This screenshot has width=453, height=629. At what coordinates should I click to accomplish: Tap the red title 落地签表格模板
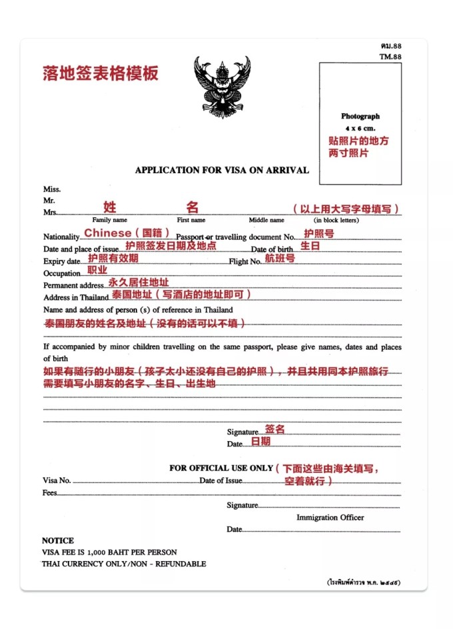click(x=101, y=73)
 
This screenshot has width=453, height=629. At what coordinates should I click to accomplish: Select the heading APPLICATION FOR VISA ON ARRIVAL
click(x=222, y=170)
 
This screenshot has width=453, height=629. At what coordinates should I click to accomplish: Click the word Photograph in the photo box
click(x=360, y=116)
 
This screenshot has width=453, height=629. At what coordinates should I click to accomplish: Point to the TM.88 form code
click(x=390, y=57)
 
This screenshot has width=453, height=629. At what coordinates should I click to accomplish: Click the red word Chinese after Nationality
click(x=108, y=233)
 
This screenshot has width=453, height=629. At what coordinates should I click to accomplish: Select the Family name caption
click(x=110, y=220)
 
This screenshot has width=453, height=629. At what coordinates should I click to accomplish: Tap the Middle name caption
click(x=266, y=220)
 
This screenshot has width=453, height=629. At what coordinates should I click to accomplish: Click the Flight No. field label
click(x=245, y=262)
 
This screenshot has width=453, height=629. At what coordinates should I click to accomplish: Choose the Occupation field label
click(x=62, y=274)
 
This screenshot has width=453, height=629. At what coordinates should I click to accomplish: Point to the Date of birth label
click(x=272, y=250)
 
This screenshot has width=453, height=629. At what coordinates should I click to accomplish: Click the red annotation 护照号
click(x=318, y=233)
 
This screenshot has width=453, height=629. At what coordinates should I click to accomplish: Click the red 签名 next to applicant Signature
click(x=275, y=429)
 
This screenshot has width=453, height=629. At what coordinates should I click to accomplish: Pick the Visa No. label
click(x=57, y=480)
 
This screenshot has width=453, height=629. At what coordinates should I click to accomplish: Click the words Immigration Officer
click(x=330, y=518)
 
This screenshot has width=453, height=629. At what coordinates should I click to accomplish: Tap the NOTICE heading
click(x=58, y=540)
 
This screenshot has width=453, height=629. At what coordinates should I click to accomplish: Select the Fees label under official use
click(x=50, y=493)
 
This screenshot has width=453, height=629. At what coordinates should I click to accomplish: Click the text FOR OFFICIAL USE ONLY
click(x=221, y=468)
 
